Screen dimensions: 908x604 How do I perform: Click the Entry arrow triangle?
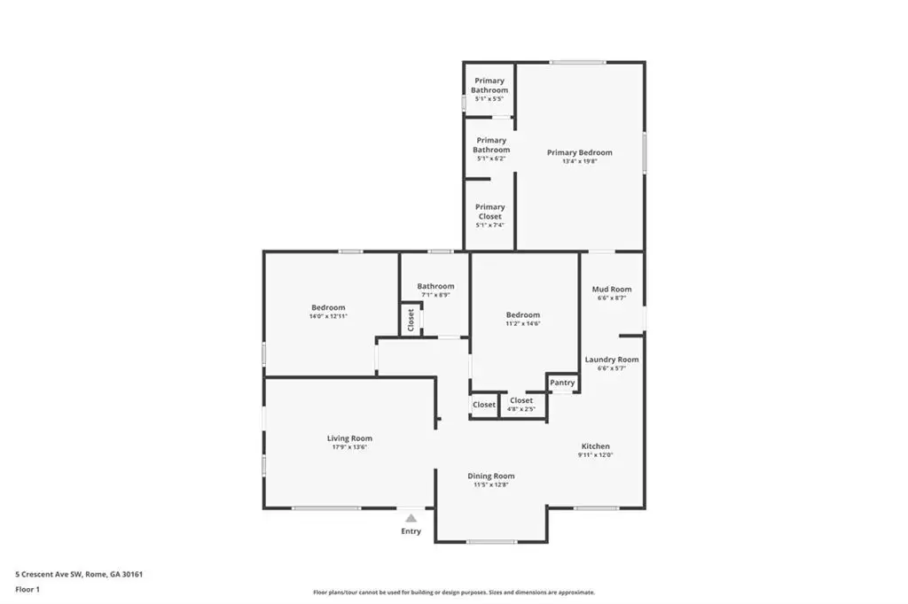411,518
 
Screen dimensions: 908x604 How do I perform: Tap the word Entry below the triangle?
411,531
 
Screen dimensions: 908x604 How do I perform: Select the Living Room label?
349,438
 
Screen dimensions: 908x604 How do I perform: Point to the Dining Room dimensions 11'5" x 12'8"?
491,484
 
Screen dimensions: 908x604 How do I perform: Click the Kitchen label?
595,446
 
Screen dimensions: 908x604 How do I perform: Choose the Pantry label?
562,383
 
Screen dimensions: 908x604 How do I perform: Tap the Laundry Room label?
612,360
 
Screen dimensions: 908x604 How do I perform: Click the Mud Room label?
612,290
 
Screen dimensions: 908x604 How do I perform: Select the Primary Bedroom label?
580,152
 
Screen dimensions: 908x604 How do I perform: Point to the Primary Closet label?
489,212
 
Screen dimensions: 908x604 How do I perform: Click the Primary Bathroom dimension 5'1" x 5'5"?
489,99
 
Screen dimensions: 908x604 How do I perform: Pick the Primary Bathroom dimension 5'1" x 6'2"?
491,159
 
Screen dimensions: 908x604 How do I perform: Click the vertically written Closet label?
411,320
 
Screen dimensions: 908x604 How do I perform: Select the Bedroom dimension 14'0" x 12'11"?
328,316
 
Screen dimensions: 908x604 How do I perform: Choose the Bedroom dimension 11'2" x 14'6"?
523,324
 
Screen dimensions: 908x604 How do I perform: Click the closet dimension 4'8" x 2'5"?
521,409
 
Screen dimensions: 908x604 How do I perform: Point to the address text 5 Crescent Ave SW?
49,575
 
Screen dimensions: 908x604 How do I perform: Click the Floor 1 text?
27,590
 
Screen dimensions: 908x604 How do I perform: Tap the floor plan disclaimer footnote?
454,592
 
